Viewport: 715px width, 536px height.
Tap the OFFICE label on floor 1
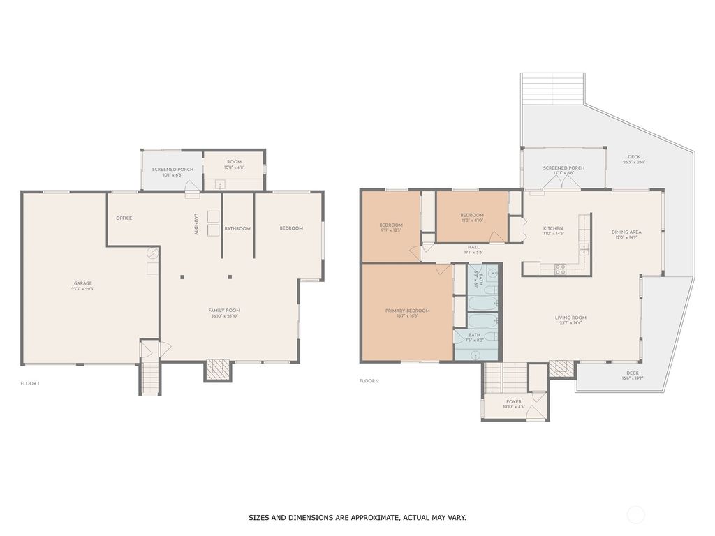click(124, 218)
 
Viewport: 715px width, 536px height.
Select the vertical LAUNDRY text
click(196, 224)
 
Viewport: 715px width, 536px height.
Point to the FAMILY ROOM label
click(224, 313)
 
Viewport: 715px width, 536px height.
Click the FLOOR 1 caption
click(30, 383)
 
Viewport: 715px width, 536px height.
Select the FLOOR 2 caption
click(369, 381)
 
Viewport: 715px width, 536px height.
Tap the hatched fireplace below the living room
click(561, 368)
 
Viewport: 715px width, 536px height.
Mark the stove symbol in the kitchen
click(560, 267)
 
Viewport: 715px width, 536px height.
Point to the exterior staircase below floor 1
click(150, 380)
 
